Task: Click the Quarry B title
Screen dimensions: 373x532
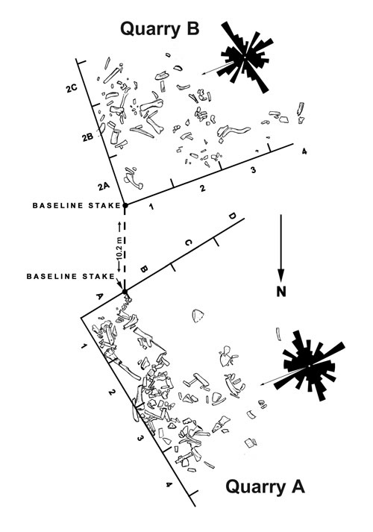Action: coord(160,29)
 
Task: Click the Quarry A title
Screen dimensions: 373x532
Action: coord(265,486)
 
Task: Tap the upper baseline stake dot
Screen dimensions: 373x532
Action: coord(125,205)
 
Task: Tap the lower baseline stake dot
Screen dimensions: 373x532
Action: coord(125,292)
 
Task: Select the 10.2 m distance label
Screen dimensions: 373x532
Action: coord(119,246)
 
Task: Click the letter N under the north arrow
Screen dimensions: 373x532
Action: coord(281,292)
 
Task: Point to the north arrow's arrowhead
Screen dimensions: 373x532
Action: coord(280,275)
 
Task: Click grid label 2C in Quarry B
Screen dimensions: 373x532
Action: coord(72,89)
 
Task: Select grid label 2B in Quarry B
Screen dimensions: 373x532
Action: coord(87,137)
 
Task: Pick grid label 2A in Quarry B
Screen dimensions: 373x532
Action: coord(104,186)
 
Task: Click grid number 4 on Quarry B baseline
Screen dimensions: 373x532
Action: coord(304,151)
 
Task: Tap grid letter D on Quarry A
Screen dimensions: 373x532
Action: coord(232,216)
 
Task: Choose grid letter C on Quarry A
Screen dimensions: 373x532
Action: coord(189,242)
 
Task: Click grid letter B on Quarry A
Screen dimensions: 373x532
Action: coord(144,269)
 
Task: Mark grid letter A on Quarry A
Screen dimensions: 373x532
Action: coord(99,296)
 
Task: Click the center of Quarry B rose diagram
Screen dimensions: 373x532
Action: coord(245,57)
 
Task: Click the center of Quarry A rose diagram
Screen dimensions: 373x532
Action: coord(309,366)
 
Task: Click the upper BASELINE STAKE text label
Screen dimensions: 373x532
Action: coord(77,205)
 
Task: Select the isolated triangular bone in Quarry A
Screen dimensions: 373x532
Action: coord(198,316)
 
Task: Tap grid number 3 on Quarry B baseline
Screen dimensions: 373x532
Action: coord(253,170)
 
